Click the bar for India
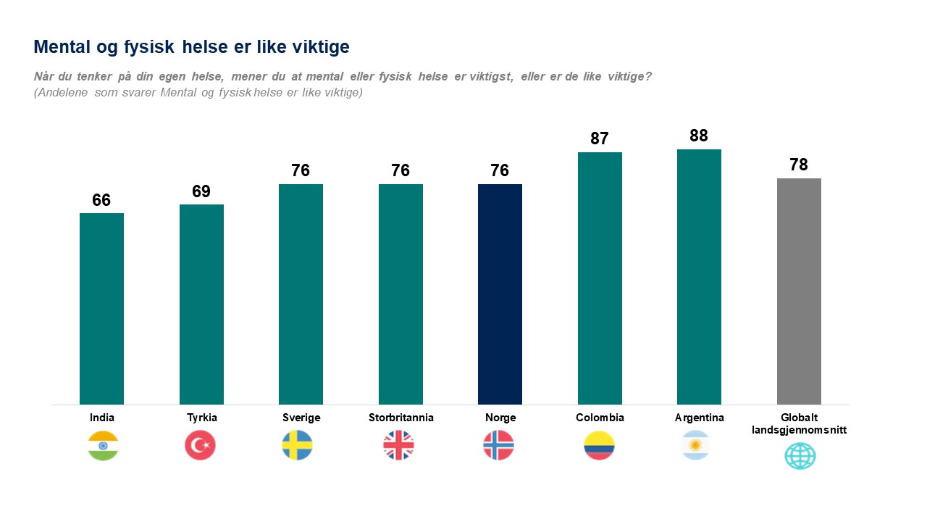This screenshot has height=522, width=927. pyautogui.click(x=101, y=308)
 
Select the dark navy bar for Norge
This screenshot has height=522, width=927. pyautogui.click(x=500, y=294)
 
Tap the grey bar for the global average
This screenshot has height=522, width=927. pyautogui.click(x=799, y=291)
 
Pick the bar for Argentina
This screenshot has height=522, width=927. pyautogui.click(x=699, y=276)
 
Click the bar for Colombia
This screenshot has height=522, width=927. pyautogui.click(x=600, y=278)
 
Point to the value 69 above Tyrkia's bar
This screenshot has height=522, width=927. pyautogui.click(x=201, y=191)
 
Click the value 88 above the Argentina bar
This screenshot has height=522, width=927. pyautogui.click(x=699, y=136)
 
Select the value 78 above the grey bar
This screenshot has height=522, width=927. pyautogui.click(x=799, y=165)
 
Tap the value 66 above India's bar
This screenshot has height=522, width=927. pyautogui.click(x=101, y=200)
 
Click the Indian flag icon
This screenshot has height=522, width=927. pyautogui.click(x=103, y=445)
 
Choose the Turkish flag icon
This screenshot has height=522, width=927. pyautogui.click(x=200, y=445)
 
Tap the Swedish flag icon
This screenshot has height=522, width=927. pyautogui.click(x=297, y=445)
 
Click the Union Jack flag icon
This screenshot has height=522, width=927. pyautogui.click(x=398, y=445)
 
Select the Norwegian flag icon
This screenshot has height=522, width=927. pyautogui.click(x=498, y=445)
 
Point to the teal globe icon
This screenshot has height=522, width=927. pyautogui.click(x=800, y=456)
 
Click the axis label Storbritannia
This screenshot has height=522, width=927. pyautogui.click(x=400, y=418)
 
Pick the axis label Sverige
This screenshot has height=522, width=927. pyautogui.click(x=301, y=418)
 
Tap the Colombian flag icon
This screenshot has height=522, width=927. pyautogui.click(x=599, y=445)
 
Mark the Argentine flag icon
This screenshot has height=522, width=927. pyautogui.click(x=696, y=445)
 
